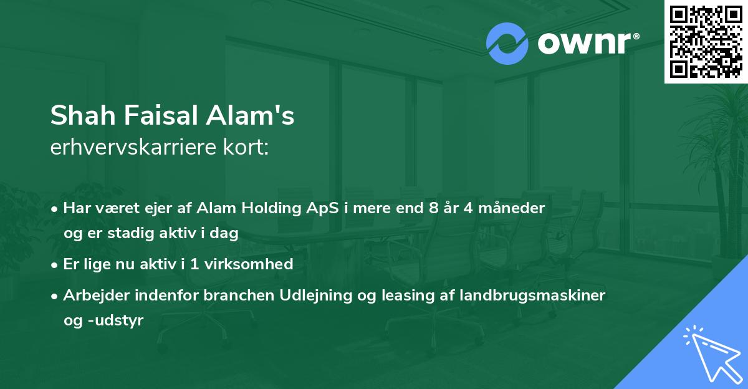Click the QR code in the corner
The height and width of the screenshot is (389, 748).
click(706, 41)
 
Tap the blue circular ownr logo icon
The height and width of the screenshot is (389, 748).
click(507, 44)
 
